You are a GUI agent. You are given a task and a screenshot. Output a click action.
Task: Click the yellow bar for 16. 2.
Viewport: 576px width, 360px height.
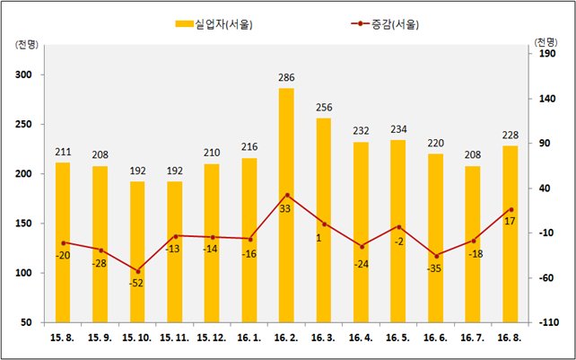[286, 206]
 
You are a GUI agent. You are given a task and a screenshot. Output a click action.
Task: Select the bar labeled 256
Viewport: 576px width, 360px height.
[324, 220]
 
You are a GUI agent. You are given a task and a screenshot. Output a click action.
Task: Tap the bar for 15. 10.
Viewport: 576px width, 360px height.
[137, 252]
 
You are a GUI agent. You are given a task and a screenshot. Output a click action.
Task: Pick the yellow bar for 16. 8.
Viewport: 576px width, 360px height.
[511, 234]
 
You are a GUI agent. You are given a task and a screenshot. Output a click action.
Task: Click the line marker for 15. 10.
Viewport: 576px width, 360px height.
[138, 271]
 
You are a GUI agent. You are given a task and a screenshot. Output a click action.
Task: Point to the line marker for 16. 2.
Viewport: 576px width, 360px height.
[288, 195]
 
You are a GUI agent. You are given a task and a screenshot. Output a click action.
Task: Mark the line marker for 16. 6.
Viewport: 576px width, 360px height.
[436, 256]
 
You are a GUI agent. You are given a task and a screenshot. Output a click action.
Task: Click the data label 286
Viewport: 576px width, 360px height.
[286, 78]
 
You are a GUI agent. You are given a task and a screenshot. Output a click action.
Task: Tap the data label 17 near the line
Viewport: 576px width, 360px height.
[510, 222]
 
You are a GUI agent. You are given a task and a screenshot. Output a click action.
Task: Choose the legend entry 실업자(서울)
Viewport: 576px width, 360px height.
[214, 24]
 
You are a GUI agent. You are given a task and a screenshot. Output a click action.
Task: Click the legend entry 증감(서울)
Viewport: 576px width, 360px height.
[385, 24]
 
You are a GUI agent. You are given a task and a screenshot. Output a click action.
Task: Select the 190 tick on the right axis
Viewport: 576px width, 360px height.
[547, 54]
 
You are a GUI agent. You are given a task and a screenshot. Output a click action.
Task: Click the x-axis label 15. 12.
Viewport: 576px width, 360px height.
[212, 338]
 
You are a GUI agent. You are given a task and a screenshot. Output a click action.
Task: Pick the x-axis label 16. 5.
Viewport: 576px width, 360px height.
[398, 338]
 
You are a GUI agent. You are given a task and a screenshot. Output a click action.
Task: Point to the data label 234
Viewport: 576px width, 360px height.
[398, 129]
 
